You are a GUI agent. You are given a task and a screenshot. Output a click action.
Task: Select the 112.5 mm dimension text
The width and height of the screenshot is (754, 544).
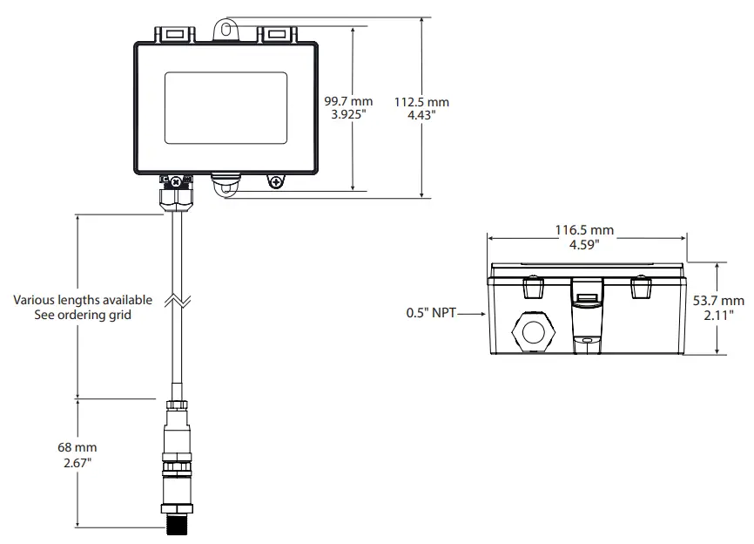click(421, 102)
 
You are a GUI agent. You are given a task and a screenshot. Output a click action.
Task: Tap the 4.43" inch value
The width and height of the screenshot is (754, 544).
click(421, 114)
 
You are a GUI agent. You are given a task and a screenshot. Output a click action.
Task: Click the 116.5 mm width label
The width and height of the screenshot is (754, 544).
click(584, 230)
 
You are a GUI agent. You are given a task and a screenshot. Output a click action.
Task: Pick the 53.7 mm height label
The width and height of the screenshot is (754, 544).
click(718, 300)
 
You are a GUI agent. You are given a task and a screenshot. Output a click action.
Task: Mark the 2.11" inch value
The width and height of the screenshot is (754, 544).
click(718, 313)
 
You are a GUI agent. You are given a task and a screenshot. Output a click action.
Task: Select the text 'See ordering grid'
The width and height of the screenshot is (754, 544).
click(83, 314)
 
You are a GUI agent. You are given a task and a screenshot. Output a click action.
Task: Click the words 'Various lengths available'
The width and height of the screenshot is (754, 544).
click(83, 300)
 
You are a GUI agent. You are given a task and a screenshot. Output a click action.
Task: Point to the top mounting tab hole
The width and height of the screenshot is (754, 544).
click(226, 29)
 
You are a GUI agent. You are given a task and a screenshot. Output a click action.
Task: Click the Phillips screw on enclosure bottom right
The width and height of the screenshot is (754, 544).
click(276, 181)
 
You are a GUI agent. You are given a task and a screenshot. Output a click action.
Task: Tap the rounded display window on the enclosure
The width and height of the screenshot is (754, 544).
click(226, 108)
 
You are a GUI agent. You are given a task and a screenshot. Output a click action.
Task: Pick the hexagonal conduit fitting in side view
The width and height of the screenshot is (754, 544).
click(532, 330)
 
